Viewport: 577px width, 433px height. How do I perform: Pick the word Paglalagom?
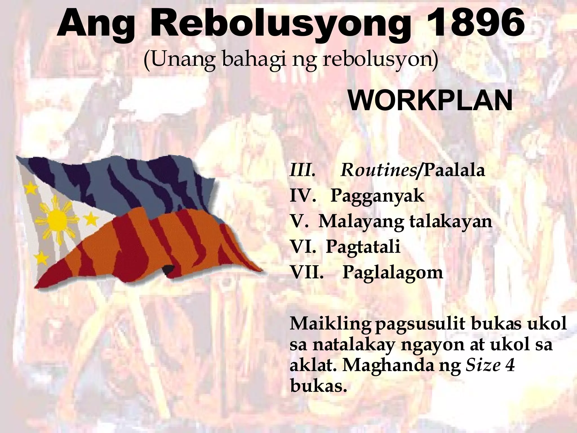(393, 273)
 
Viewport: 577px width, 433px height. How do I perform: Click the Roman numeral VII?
(307, 273)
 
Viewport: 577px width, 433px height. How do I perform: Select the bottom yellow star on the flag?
(41, 256)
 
